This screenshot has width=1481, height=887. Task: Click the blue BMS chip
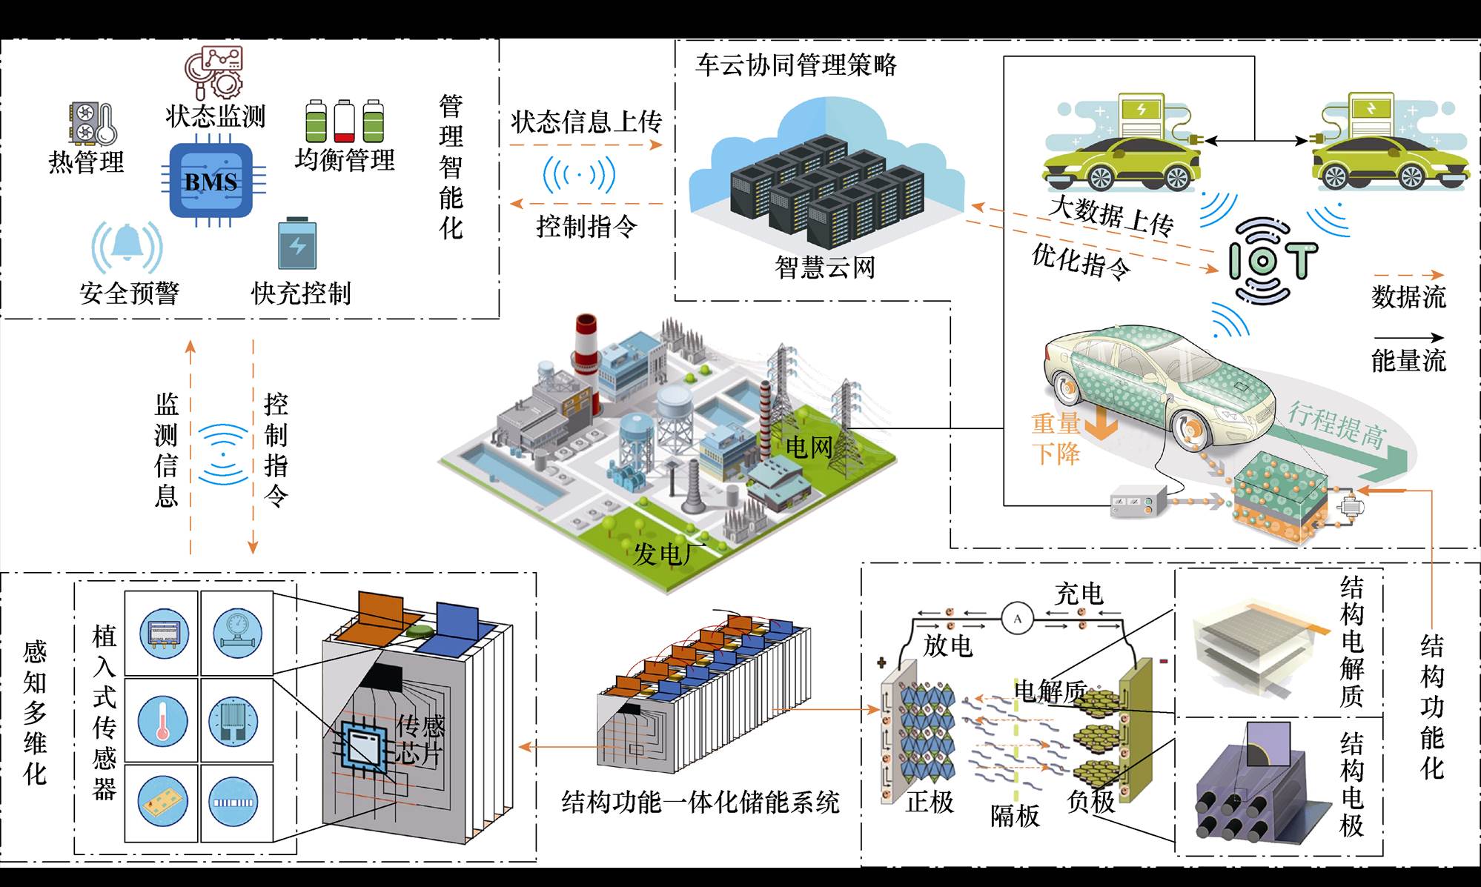[x=211, y=181]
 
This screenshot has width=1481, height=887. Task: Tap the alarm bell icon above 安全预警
[x=127, y=245]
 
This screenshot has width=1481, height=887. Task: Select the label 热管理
[x=86, y=162]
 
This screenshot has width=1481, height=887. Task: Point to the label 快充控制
[x=301, y=293]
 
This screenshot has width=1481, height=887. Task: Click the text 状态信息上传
[x=586, y=122]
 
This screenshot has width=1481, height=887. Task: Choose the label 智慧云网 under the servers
[x=824, y=267]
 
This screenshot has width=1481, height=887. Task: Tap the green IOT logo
[x=1273, y=260]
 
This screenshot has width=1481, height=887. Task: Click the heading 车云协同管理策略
[x=795, y=65]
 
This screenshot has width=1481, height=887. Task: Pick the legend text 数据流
[x=1408, y=296]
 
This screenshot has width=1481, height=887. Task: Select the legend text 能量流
[x=1408, y=361]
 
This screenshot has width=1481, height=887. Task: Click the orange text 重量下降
[x=1056, y=438]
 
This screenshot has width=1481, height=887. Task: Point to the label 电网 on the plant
[x=809, y=447]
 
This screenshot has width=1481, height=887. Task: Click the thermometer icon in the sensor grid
[x=162, y=720]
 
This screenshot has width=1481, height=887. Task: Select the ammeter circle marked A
[x=1017, y=618]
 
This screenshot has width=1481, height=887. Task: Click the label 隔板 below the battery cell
[x=1015, y=816]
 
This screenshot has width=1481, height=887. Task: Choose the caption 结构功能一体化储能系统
[x=700, y=802]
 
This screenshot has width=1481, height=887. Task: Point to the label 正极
[x=930, y=801]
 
